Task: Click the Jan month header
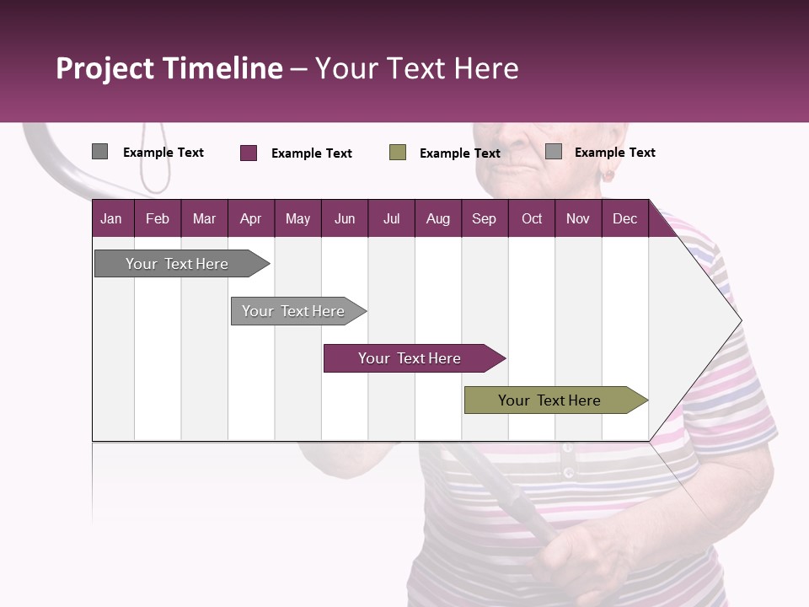coord(112,218)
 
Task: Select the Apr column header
coord(251,218)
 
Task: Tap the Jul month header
coord(391,218)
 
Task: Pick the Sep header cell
coord(485,218)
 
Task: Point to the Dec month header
coord(624,218)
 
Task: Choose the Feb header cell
coord(158,218)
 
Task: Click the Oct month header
coord(532,218)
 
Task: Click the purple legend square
coord(249,153)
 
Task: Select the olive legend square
coord(398,153)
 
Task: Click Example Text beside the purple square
coord(311,153)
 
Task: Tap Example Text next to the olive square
coord(459,153)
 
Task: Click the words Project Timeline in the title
coord(169,68)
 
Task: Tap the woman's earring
coord(607,175)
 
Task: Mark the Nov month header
coord(578,218)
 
